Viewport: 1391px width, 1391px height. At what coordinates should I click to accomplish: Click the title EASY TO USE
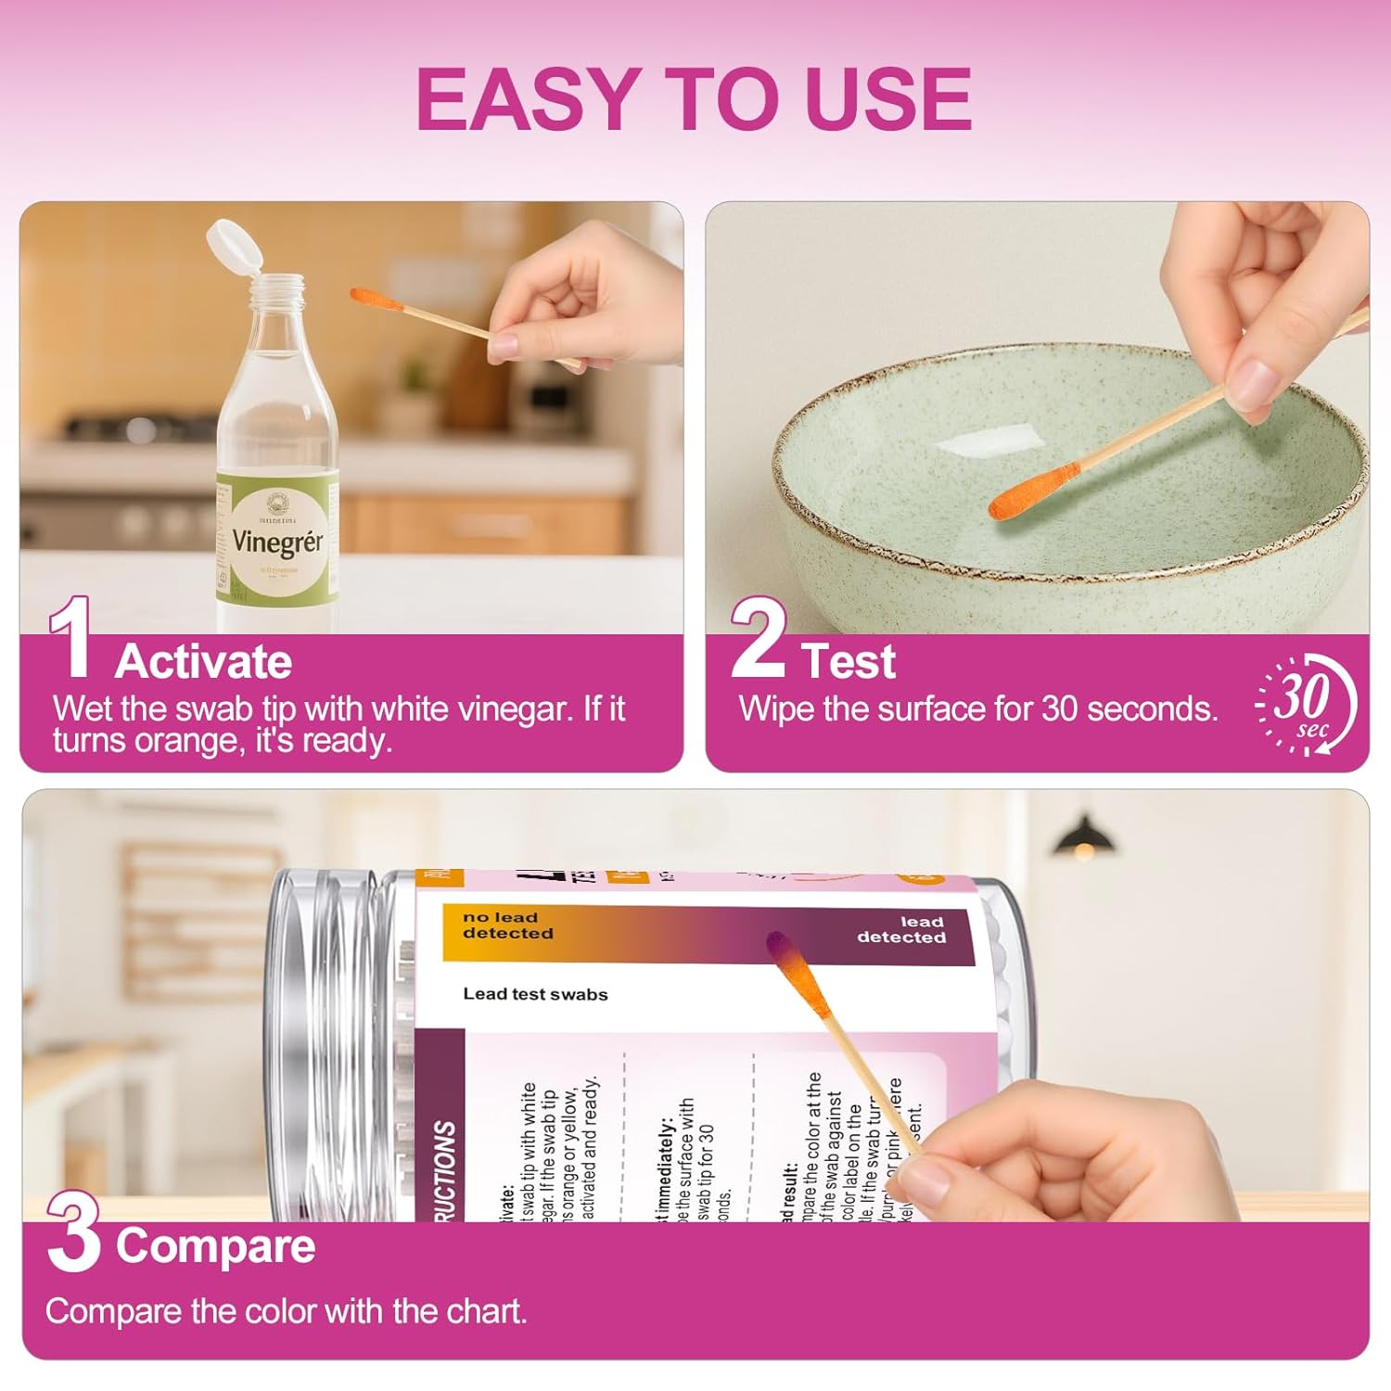click(x=694, y=98)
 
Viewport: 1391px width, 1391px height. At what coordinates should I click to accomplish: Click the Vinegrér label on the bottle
click(x=277, y=541)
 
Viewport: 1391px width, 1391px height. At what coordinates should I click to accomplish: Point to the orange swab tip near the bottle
click(x=376, y=300)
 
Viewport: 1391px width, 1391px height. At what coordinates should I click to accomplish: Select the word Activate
click(x=203, y=661)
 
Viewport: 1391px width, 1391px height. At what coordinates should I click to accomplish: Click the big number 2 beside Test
click(x=758, y=640)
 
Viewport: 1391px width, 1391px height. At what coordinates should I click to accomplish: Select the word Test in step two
click(x=849, y=661)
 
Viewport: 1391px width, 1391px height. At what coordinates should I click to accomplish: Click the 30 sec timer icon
click(x=1307, y=704)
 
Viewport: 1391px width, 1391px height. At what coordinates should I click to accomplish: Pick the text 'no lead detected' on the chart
click(x=507, y=925)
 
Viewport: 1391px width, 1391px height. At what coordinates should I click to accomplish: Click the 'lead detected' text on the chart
click(x=900, y=929)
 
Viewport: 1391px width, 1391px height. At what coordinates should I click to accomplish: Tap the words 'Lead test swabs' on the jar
click(x=535, y=994)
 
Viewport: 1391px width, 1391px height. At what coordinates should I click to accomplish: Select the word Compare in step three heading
click(x=215, y=1245)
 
